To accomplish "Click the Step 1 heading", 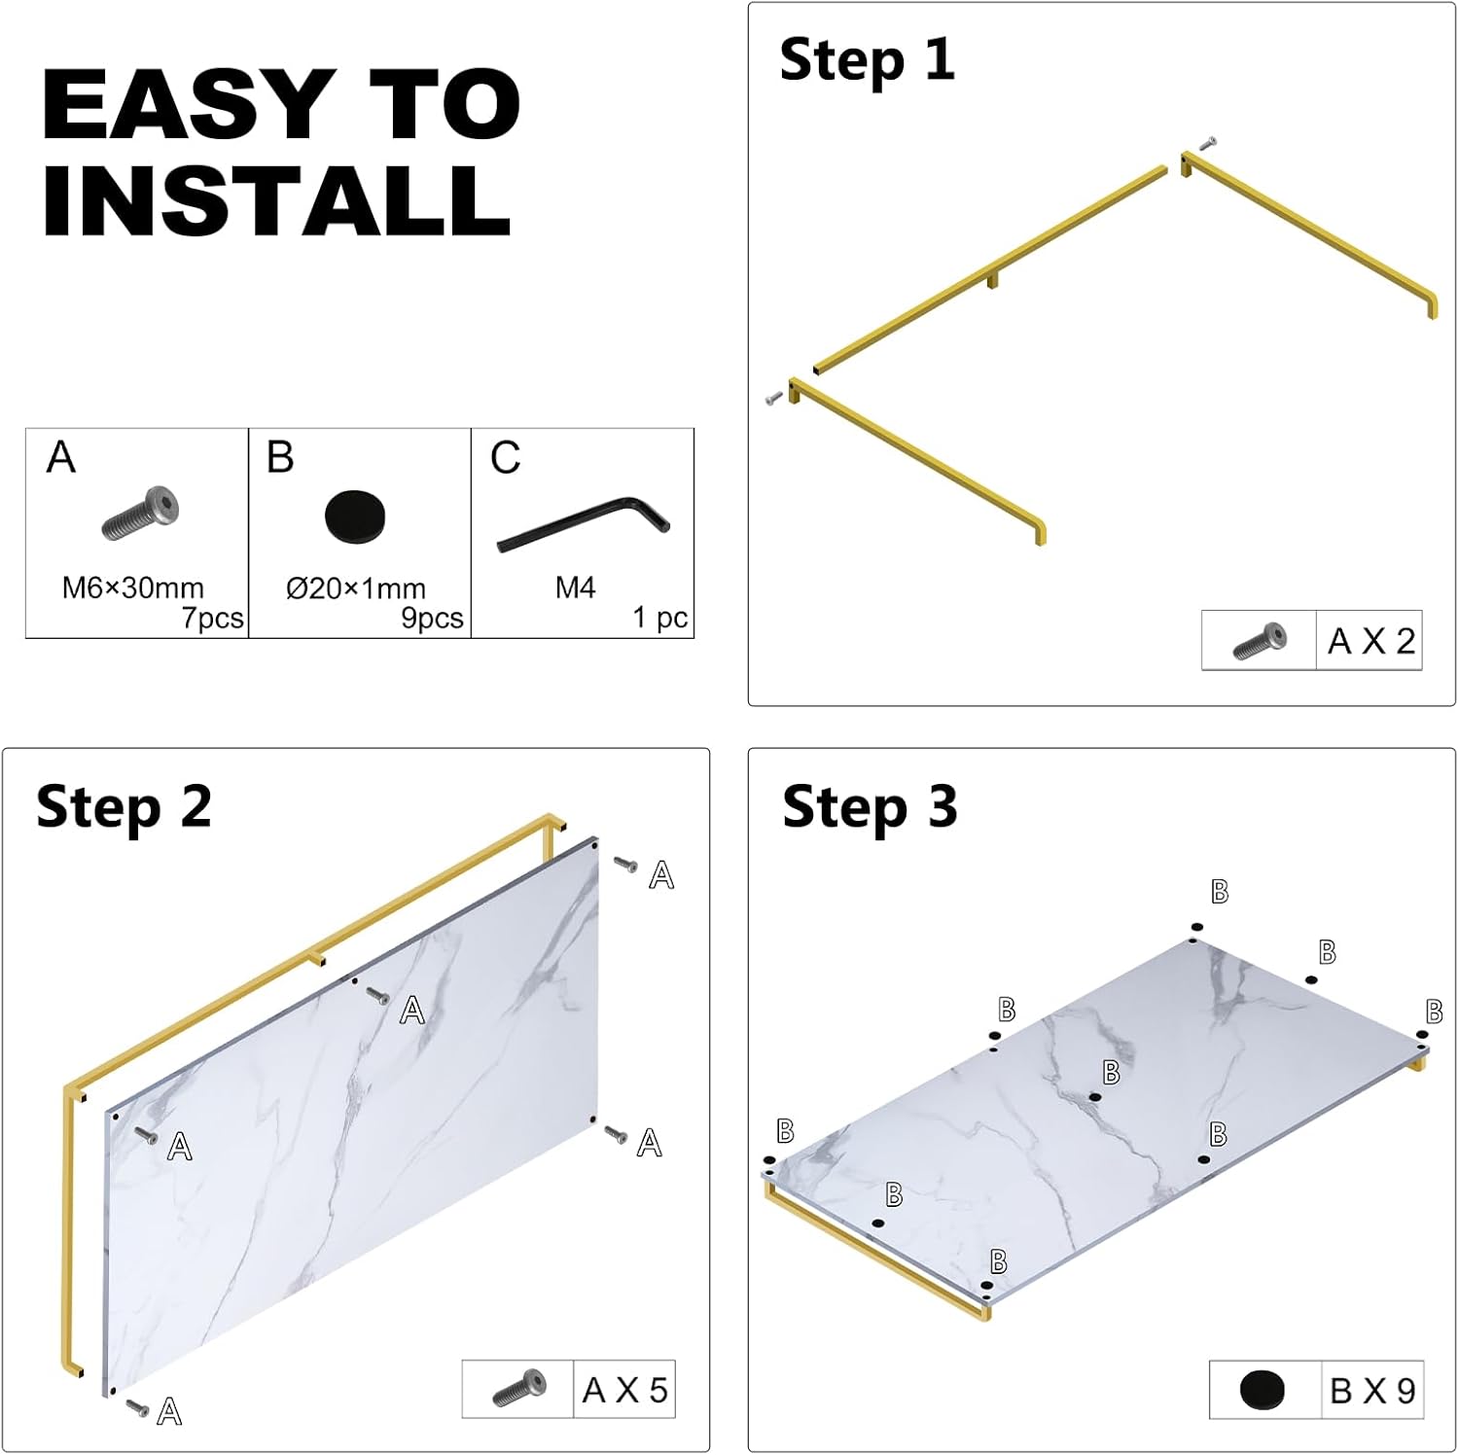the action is point(867,61).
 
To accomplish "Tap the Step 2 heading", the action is point(124,808).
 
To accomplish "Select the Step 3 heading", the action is point(870,808).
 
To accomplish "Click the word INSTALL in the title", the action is point(276,200).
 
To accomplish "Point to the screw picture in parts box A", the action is point(141,514).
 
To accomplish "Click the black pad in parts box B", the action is point(355,516).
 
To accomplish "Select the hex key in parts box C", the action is point(584,524).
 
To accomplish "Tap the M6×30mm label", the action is point(133,587).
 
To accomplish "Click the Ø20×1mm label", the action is point(356,588).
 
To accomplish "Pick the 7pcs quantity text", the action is point(213,619).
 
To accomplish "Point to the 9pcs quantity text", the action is point(433,619).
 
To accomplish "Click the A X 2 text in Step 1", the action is point(1371,641).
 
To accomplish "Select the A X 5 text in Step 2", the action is point(624,1391).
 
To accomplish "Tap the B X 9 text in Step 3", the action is point(1372,1391).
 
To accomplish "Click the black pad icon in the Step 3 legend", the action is point(1263,1390).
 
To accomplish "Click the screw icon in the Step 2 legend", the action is point(519,1388).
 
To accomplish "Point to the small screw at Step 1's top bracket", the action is point(1207,143).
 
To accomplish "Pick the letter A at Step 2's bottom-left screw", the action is point(169,1411).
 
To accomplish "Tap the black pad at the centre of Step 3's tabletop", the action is point(1095,1097).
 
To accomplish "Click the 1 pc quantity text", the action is point(660,619).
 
